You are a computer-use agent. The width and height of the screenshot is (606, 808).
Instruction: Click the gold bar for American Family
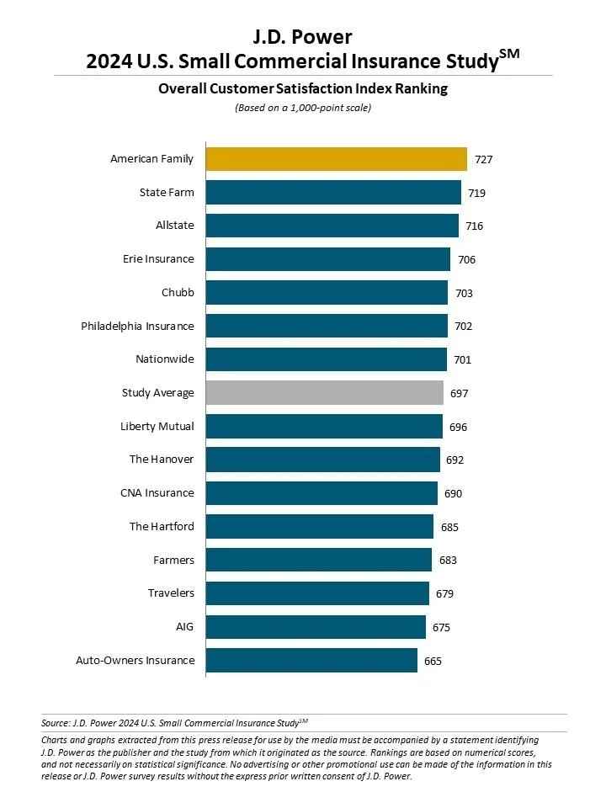[x=336, y=159]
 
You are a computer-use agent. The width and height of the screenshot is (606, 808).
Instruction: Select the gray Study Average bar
[x=324, y=393]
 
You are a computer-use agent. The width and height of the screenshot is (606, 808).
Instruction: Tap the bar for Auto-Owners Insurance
[x=311, y=661]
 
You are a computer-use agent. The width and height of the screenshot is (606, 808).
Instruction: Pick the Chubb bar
[x=327, y=293]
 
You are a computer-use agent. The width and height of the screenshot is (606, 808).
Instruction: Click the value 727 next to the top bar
[x=485, y=159]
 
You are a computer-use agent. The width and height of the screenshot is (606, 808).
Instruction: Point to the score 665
[x=433, y=661]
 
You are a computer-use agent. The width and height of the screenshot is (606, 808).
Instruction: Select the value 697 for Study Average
[x=459, y=393]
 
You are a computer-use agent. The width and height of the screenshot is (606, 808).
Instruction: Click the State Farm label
[x=167, y=193]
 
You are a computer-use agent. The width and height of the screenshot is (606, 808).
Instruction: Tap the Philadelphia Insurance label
[x=137, y=326]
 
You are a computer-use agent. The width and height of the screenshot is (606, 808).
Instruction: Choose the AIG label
[x=185, y=627]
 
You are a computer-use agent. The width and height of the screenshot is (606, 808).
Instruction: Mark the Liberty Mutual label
[x=157, y=427]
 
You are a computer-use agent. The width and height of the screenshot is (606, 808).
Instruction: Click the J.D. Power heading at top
[x=302, y=38]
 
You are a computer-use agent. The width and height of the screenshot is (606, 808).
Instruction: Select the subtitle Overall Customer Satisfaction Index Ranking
[x=302, y=89]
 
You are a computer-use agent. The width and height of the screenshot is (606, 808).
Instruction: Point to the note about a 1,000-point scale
[x=302, y=108]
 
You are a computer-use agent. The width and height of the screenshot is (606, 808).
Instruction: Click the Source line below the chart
[x=175, y=722]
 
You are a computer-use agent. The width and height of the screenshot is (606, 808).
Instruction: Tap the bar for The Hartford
[x=319, y=527]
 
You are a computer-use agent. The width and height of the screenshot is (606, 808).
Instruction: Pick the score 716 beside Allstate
[x=474, y=226]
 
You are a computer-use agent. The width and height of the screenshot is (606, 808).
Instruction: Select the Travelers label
[x=171, y=593]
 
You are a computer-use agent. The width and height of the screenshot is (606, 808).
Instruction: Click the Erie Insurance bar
[x=328, y=259]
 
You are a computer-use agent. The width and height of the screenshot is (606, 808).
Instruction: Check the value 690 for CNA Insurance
[x=453, y=493]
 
